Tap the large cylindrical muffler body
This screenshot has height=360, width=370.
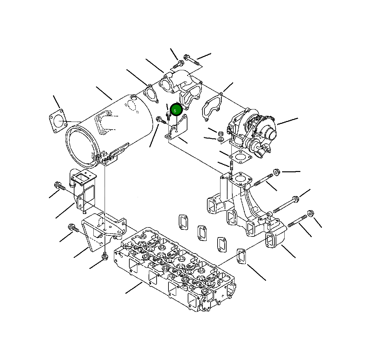click(108, 132)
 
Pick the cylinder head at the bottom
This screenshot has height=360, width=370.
click(175, 269)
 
